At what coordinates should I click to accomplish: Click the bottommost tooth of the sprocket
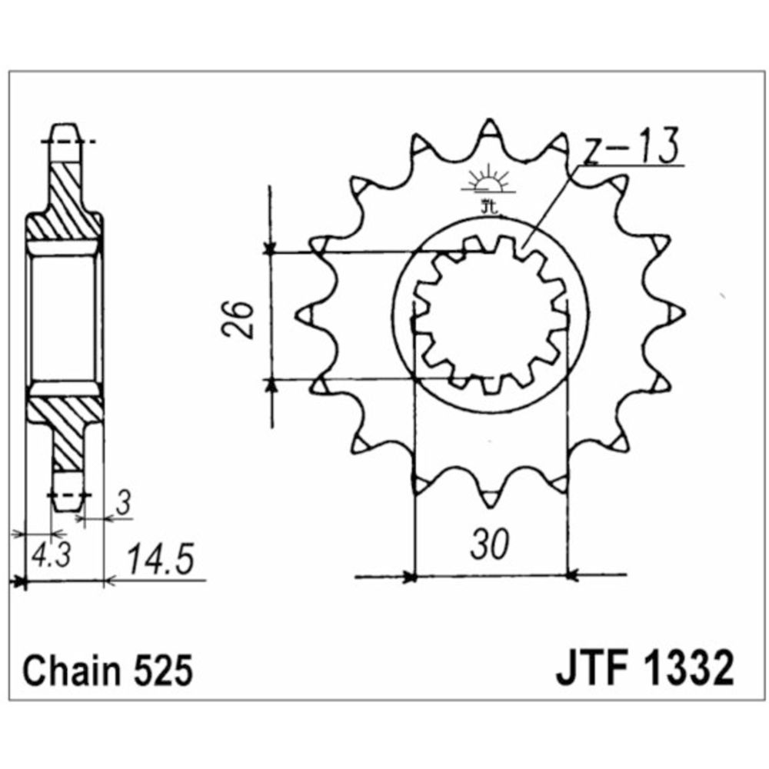[489, 498]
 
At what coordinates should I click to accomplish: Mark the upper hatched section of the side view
[68, 200]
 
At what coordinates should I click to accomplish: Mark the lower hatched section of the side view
[68, 431]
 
